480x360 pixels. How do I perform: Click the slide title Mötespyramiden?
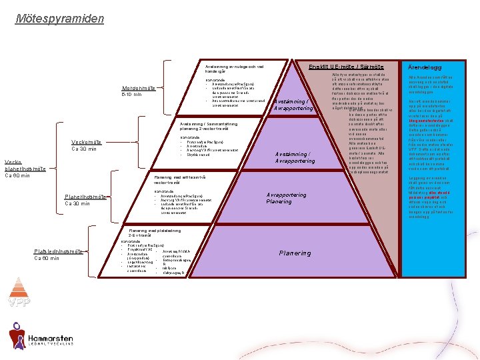coord(60,18)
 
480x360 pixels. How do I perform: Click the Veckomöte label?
coord(87,141)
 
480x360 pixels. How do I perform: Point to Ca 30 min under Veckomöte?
coord(85,149)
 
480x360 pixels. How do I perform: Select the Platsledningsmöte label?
coord(58,251)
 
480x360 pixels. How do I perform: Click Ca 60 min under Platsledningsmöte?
coord(47,258)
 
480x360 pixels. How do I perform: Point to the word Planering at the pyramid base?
coord(294,253)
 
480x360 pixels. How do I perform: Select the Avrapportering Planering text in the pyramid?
coord(286,198)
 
